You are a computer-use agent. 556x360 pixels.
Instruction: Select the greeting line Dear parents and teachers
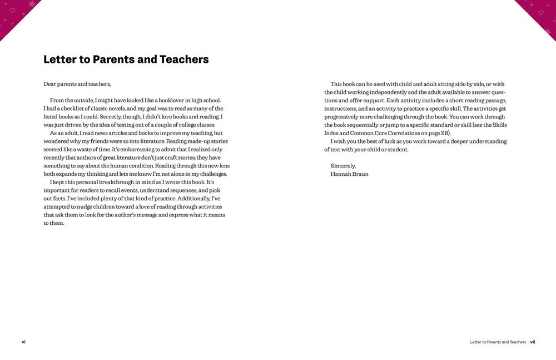click(x=77, y=84)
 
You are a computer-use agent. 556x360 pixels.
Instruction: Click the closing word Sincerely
click(x=343, y=166)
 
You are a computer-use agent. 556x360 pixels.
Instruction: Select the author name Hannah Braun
click(x=349, y=174)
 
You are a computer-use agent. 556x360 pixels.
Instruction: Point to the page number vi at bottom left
click(x=23, y=342)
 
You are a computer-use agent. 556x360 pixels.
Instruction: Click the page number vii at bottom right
click(x=532, y=342)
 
